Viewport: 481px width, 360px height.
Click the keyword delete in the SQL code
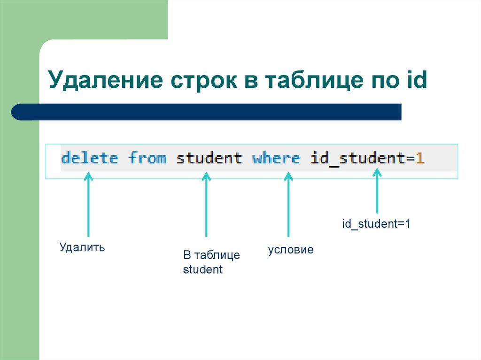89,158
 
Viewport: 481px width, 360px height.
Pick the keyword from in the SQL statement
147,158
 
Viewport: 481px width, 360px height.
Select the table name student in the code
209,158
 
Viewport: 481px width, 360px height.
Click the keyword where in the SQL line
276,158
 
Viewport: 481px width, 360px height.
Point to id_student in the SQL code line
357,158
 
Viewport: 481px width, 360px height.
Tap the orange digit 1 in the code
419,158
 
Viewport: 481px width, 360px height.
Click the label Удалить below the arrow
82,247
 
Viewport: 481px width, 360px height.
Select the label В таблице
211,255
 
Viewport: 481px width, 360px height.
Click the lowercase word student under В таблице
202,270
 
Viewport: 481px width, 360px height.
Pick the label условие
290,250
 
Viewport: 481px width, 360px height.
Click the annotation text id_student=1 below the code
376,224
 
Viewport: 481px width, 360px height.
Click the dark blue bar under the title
207,112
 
